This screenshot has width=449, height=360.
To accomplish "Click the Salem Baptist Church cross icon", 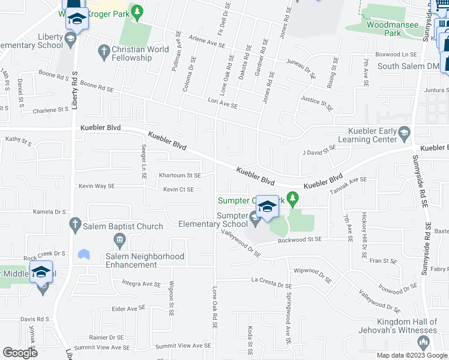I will [76, 226].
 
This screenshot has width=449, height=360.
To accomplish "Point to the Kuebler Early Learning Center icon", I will [404, 132].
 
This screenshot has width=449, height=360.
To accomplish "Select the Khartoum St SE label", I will [179, 175].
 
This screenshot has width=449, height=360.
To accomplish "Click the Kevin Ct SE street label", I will [178, 190].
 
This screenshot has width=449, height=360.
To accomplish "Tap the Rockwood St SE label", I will [300, 239].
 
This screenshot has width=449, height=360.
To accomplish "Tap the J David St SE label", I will [319, 150].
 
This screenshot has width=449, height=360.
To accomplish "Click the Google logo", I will [20, 352].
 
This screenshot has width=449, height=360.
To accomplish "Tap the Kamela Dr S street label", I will [50, 212].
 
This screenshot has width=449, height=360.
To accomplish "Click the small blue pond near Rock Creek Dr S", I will [83, 254].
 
